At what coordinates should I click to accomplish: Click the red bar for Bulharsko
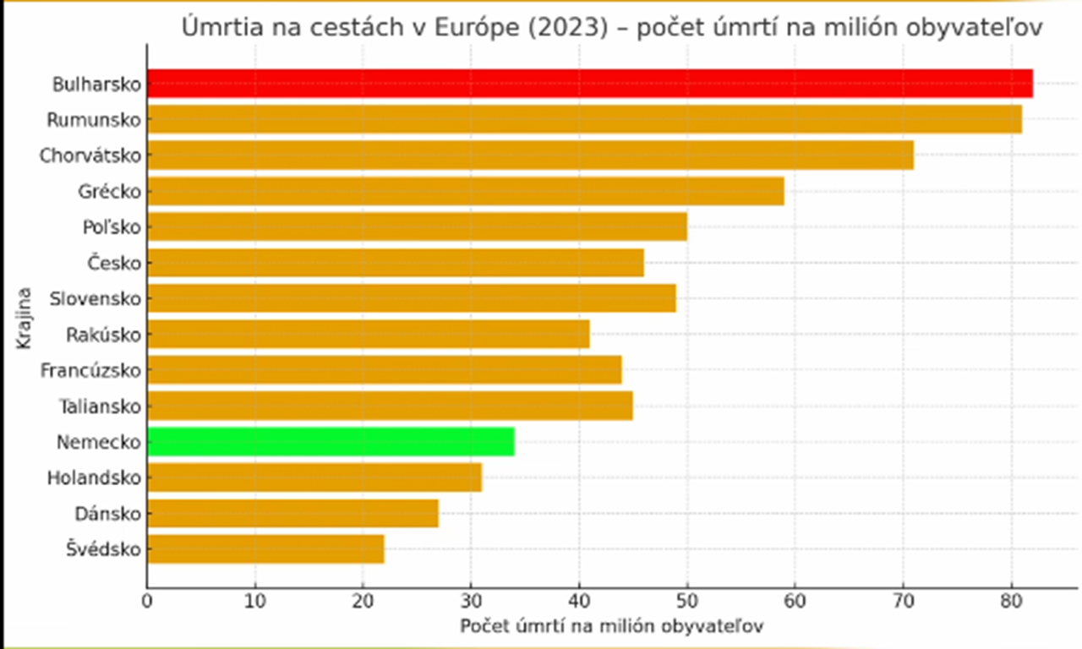(x=589, y=84)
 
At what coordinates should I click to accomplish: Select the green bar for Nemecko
(x=331, y=441)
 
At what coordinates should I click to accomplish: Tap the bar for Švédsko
(x=265, y=549)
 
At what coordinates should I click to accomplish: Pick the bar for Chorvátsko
(x=530, y=155)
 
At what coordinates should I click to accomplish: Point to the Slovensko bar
(x=411, y=298)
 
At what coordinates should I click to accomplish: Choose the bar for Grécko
(x=465, y=191)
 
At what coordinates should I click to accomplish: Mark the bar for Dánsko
(x=292, y=513)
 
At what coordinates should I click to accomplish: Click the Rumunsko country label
(x=93, y=120)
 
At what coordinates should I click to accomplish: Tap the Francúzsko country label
(x=90, y=370)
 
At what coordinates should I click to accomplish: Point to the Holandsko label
(x=93, y=477)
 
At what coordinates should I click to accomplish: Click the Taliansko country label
(x=99, y=406)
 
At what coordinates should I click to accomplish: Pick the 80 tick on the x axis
(x=1011, y=603)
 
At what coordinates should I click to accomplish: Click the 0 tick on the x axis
(x=147, y=603)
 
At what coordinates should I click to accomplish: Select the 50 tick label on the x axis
(x=686, y=603)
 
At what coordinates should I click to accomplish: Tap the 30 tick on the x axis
(x=471, y=603)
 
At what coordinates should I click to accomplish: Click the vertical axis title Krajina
(x=25, y=318)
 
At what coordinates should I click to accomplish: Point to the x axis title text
(x=612, y=627)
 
